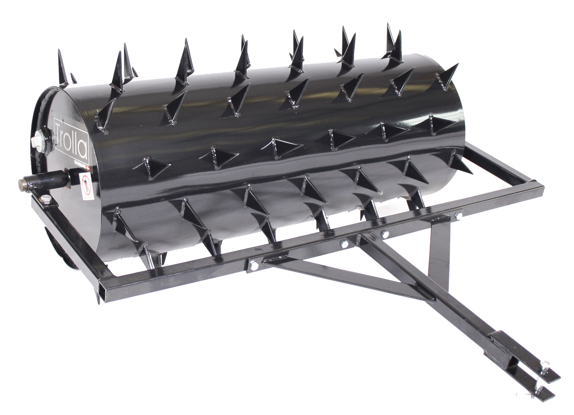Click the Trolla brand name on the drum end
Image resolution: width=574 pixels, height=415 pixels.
[x=72, y=138]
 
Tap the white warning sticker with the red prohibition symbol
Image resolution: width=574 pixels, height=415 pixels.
[x=87, y=186]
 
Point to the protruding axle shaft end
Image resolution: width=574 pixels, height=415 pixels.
[x=23, y=185]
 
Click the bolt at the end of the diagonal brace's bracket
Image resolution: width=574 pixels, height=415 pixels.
[x=253, y=265]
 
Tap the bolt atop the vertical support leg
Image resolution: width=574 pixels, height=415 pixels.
[x=458, y=215]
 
